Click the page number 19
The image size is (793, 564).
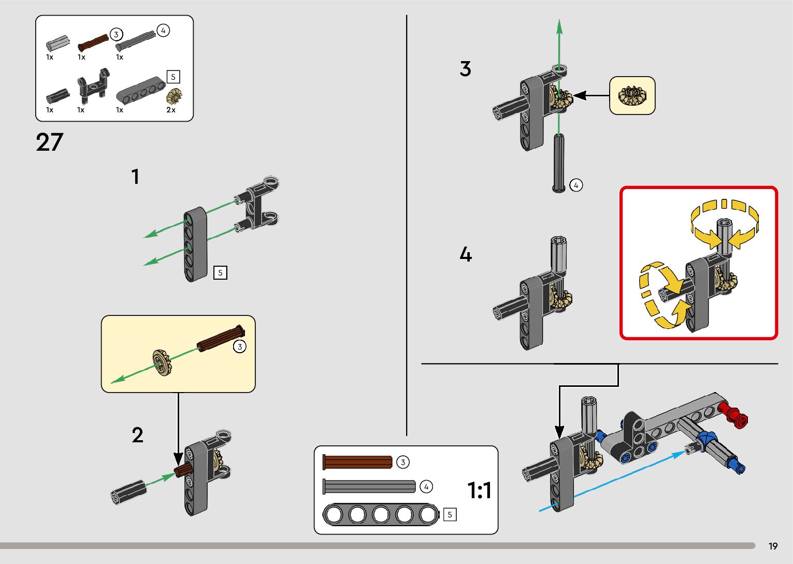[x=773, y=546]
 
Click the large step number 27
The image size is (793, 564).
[x=50, y=142]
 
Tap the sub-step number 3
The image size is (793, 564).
[x=465, y=69]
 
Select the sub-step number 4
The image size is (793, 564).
[x=466, y=254]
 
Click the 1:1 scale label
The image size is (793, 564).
[x=479, y=490]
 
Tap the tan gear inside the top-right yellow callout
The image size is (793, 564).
[x=632, y=96]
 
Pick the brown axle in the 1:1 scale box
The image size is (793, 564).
[x=357, y=462]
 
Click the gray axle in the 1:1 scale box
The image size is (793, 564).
[x=369, y=486]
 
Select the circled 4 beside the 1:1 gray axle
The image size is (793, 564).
[x=426, y=487]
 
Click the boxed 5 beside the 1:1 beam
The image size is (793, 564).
[x=450, y=514]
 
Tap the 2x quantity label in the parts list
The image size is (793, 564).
[x=171, y=110]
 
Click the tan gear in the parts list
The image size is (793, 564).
[x=175, y=96]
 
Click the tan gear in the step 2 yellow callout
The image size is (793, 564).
[x=162, y=362]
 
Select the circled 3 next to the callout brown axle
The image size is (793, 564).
[x=239, y=346]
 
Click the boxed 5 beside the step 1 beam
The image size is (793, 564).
[x=220, y=272]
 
